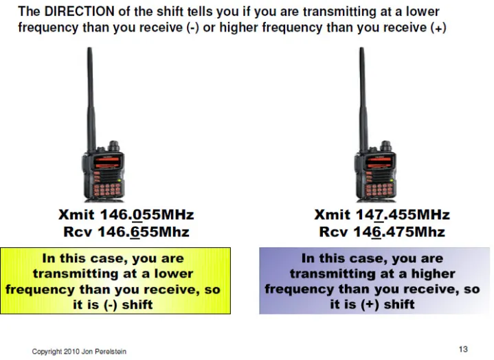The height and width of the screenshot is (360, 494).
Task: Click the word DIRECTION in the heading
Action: (x=79, y=12)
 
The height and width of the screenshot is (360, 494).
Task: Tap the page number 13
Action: (x=463, y=349)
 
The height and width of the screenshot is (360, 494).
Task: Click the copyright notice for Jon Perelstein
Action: (x=79, y=351)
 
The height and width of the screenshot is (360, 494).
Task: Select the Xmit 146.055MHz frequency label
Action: (x=126, y=214)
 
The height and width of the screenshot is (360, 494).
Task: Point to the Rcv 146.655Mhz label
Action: (x=126, y=232)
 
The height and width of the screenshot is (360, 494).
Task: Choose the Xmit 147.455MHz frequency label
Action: (x=382, y=214)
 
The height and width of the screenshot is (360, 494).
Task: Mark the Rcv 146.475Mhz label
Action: (x=382, y=232)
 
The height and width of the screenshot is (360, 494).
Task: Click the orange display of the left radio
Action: (x=106, y=162)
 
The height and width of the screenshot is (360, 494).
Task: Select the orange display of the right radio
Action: (x=379, y=162)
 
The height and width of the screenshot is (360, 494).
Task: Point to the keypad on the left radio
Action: (x=106, y=189)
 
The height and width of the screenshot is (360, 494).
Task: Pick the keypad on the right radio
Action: (x=379, y=189)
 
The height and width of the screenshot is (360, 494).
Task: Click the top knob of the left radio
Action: (x=113, y=146)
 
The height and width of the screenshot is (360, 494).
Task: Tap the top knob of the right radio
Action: (x=385, y=146)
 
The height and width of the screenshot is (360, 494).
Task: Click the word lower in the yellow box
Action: (x=174, y=273)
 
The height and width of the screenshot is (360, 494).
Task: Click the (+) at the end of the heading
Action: (x=438, y=27)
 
